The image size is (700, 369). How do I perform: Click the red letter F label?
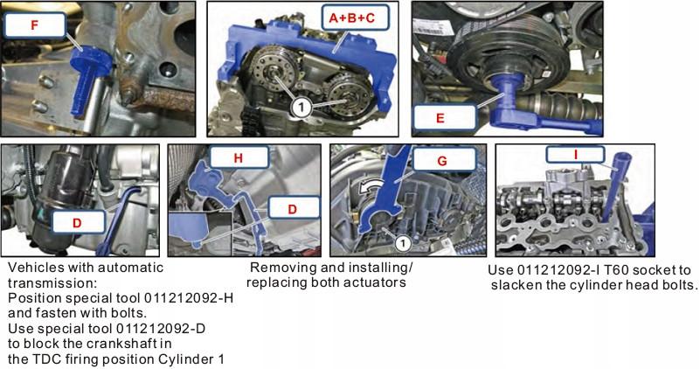click(34, 25)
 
